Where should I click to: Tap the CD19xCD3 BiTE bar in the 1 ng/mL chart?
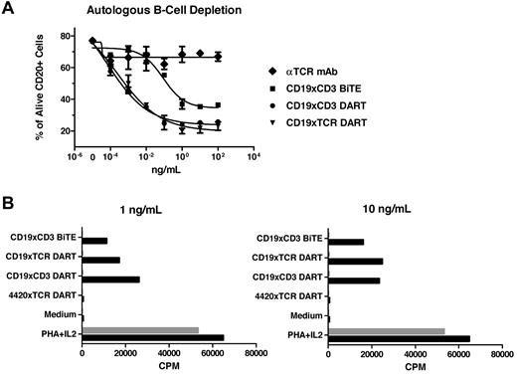coord(95,241)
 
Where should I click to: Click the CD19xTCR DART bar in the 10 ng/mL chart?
coord(355,261)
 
